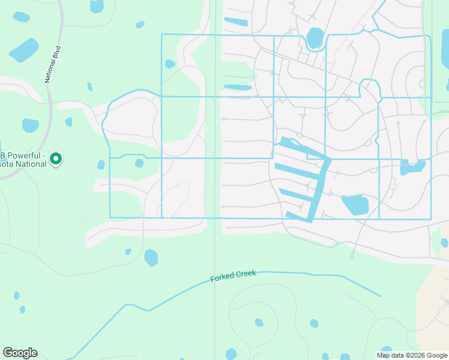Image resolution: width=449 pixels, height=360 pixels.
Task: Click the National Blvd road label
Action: point(53,62)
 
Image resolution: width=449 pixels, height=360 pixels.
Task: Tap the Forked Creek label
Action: point(233,276)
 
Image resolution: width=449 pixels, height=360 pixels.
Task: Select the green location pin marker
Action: point(56,159)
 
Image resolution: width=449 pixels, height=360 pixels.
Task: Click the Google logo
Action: point(20,353)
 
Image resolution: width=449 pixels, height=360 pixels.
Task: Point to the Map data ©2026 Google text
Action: point(412,355)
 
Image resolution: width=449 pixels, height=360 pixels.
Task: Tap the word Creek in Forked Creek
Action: point(245,274)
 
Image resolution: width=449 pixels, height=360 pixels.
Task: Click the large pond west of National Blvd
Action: point(24,51)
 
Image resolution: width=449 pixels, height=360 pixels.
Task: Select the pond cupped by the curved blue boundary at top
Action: point(315,38)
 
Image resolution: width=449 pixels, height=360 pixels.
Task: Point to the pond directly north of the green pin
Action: point(30,125)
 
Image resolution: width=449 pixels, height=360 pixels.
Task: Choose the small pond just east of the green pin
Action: point(101,164)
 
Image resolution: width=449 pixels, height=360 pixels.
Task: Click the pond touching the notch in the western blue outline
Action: point(139,163)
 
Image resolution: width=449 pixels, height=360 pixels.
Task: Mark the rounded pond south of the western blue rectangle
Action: point(151,257)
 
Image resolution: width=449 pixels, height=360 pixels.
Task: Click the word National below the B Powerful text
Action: point(32,164)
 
